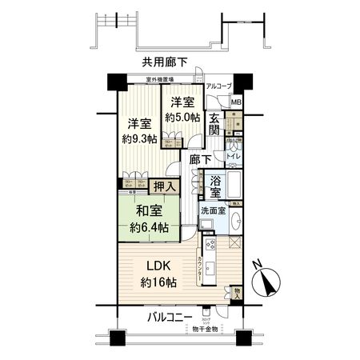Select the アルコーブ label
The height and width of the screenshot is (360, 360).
pos(218,86)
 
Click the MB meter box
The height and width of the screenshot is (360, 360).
pos(236,102)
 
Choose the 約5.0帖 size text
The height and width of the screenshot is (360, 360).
pos(180,117)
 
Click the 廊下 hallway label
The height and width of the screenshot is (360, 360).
pos(201,159)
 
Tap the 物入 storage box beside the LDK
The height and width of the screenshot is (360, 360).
pos(238,294)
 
